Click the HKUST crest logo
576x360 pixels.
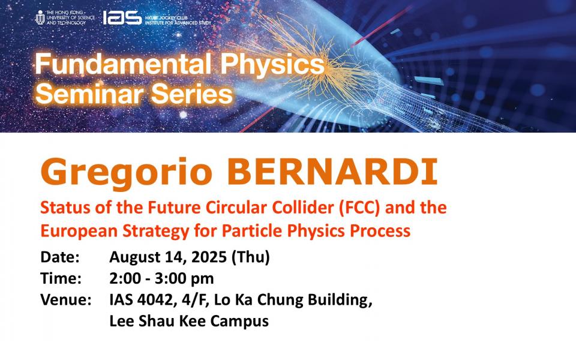point(40,17)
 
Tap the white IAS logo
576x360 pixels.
point(122,17)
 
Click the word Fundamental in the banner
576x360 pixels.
point(123,64)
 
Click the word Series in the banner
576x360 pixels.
point(193,94)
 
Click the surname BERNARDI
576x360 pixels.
point(332,172)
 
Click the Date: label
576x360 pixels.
point(60,257)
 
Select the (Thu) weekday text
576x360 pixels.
point(251,257)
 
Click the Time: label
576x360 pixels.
point(61,278)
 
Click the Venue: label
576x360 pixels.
point(66,300)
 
